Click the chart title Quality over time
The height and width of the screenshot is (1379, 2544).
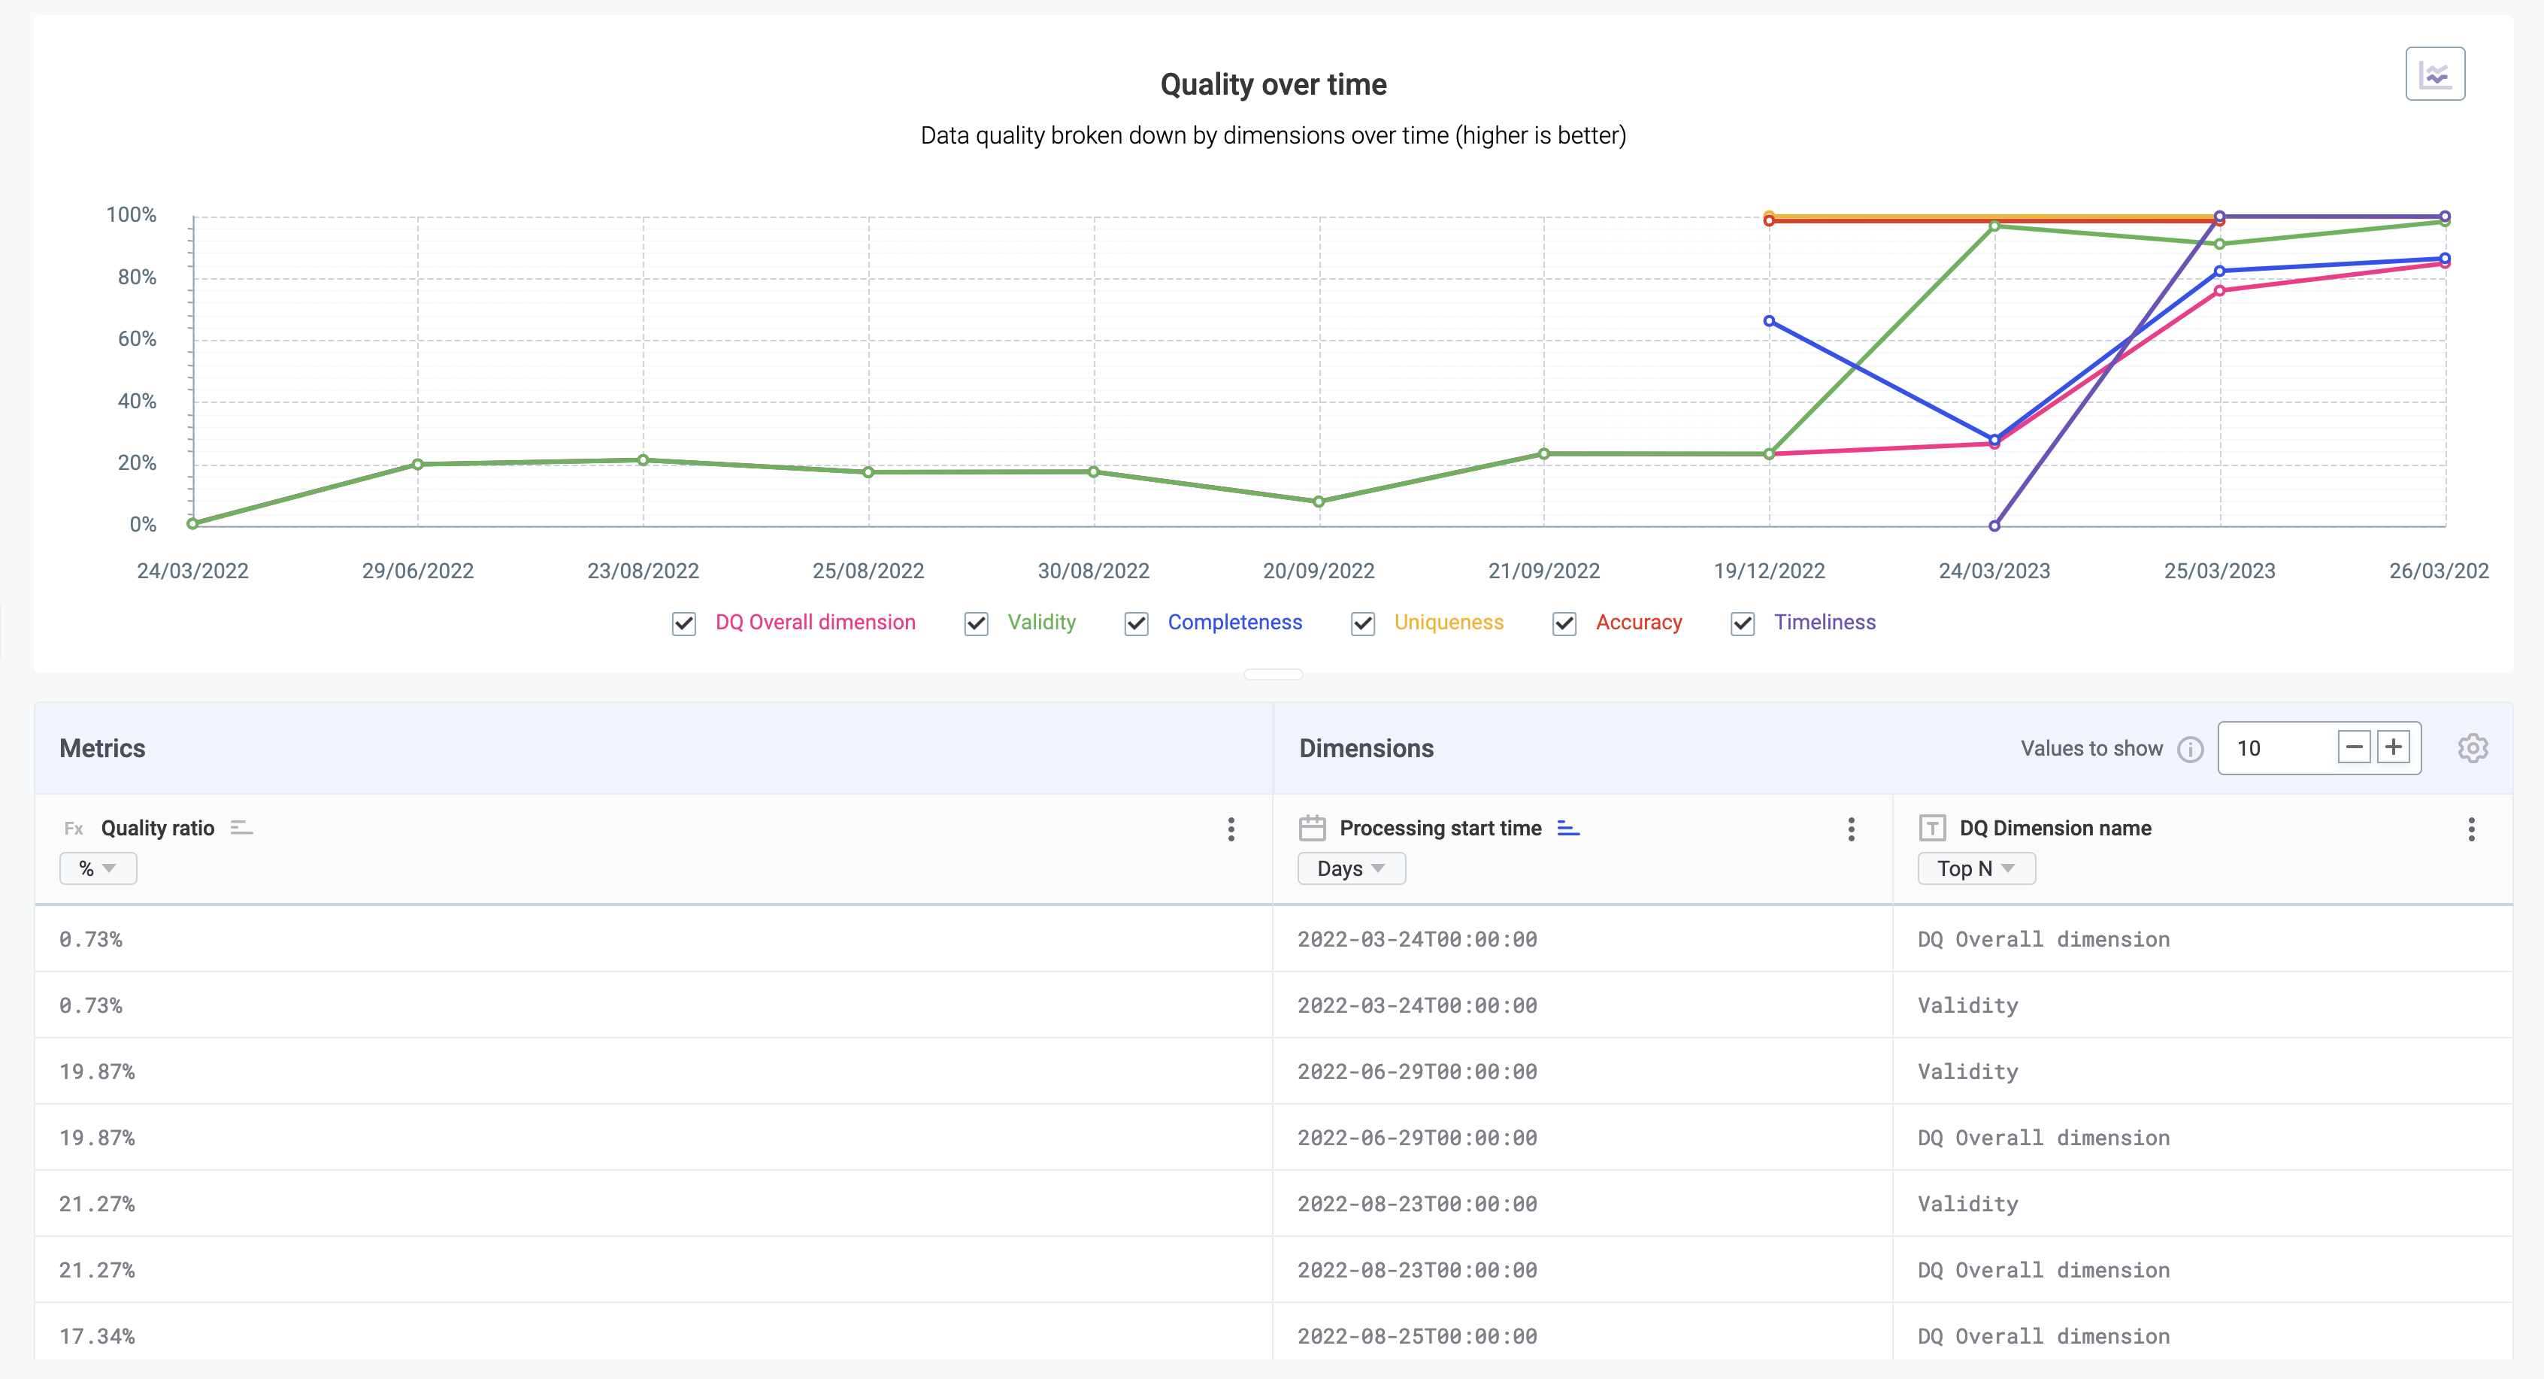(x=1272, y=85)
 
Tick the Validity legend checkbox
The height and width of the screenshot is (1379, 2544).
(x=976, y=623)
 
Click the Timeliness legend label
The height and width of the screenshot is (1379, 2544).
(x=1823, y=623)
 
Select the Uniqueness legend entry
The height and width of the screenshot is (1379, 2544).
(x=1448, y=623)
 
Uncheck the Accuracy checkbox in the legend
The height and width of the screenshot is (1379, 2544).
(x=1564, y=623)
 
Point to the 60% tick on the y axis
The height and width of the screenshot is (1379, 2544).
(x=138, y=339)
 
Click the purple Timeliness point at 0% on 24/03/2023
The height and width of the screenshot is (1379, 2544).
(x=1994, y=526)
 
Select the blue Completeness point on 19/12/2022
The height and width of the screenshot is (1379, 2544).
(x=1769, y=321)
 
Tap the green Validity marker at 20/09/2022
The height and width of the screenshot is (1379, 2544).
(x=1319, y=502)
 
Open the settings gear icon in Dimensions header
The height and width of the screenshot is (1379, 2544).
(x=2472, y=748)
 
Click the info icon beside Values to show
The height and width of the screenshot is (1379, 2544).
(x=2189, y=750)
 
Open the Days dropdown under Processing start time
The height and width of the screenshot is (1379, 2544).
(x=1350, y=868)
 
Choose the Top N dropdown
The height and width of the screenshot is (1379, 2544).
(x=1975, y=868)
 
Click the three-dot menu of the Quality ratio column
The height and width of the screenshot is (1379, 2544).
(x=1230, y=829)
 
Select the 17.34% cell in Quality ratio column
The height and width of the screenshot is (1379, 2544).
(x=97, y=1335)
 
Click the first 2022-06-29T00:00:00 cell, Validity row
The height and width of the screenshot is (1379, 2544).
(x=1416, y=1071)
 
